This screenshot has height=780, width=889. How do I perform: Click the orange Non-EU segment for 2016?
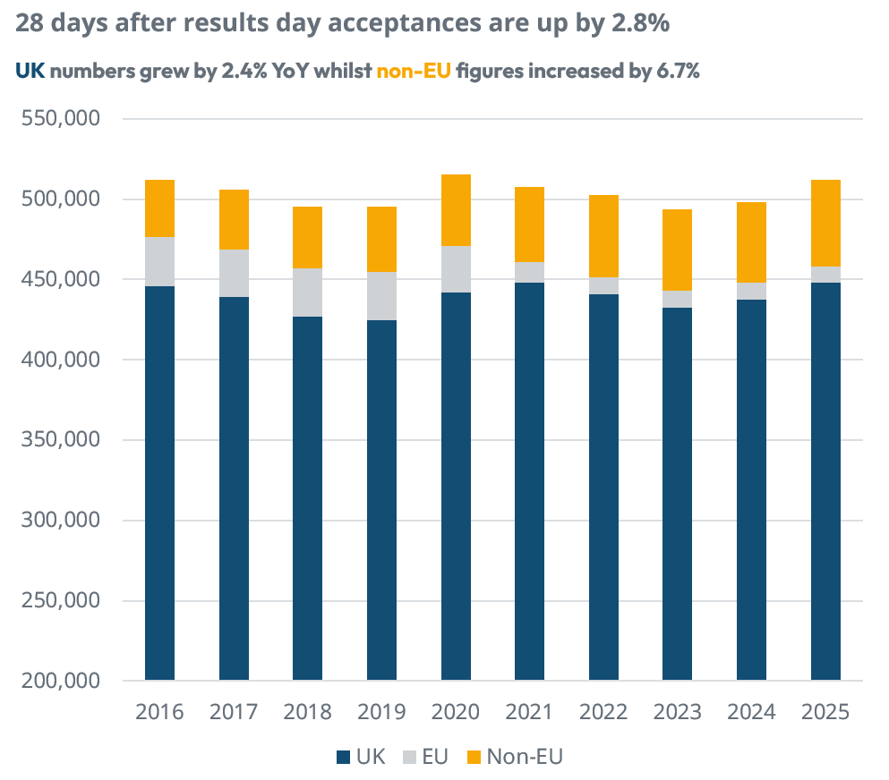[159, 208]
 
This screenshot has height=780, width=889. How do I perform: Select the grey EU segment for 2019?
[381, 295]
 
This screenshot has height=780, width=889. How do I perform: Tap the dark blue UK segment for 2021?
[529, 481]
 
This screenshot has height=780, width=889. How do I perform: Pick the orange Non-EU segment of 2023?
[677, 250]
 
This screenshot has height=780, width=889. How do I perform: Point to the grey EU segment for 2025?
[825, 274]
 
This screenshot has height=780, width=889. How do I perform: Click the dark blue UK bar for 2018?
[307, 498]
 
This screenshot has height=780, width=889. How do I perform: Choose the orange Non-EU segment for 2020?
[456, 210]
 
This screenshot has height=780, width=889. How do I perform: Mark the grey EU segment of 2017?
[234, 273]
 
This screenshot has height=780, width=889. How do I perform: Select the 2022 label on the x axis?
[603, 713]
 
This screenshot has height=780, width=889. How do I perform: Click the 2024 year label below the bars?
[751, 713]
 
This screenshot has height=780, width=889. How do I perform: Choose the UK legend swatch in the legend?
[343, 757]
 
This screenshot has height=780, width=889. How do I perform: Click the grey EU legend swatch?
[409, 757]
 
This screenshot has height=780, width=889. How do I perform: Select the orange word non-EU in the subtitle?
[414, 72]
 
